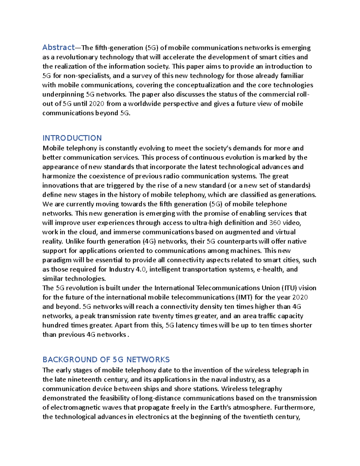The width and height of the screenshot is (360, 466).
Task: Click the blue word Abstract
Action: pos(58,47)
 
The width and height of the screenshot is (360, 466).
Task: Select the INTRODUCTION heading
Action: pos(72,138)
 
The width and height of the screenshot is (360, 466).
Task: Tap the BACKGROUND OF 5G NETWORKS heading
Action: pos(106,359)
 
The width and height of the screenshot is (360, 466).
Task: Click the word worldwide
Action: pos(145,104)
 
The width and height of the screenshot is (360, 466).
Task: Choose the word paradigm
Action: pos(57,260)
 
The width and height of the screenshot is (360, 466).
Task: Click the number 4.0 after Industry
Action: pos(141,269)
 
